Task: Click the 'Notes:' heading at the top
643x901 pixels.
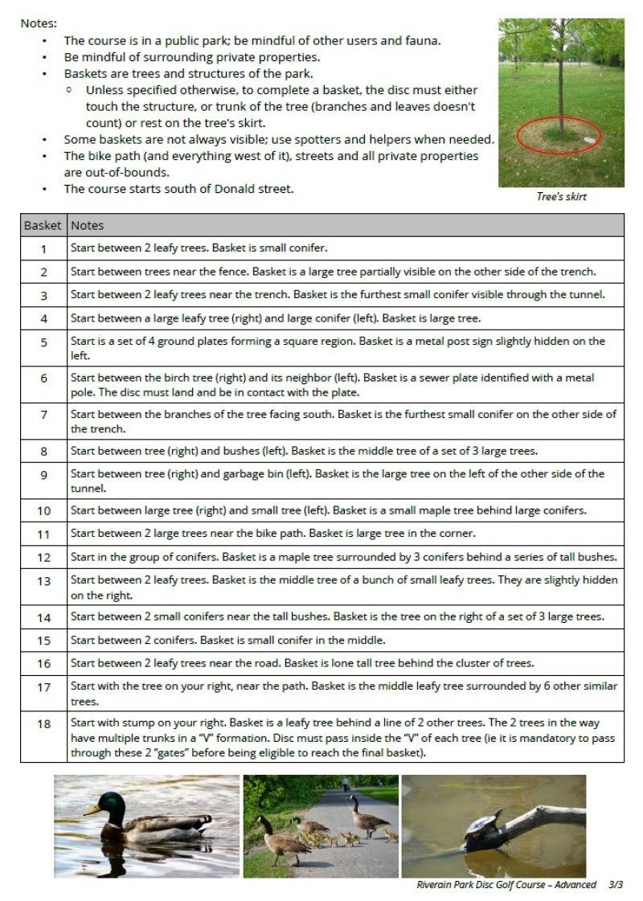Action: pyautogui.click(x=39, y=23)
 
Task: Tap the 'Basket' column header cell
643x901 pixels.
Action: pyautogui.click(x=43, y=226)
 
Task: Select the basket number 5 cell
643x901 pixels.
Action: pyautogui.click(x=43, y=348)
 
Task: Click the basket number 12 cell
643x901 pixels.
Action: pyautogui.click(x=43, y=557)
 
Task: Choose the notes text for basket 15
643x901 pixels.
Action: pyautogui.click(x=227, y=641)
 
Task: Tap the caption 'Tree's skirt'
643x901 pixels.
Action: pyautogui.click(x=561, y=197)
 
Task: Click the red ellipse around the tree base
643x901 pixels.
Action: pyautogui.click(x=559, y=137)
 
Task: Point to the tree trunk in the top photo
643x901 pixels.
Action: pyautogui.click(x=559, y=88)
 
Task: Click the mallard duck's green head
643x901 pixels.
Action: pyautogui.click(x=113, y=803)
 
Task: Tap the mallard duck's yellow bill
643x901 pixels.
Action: pyautogui.click(x=93, y=810)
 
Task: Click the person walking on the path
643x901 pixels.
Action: pyautogui.click(x=345, y=784)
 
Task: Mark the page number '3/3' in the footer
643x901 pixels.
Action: pyautogui.click(x=616, y=885)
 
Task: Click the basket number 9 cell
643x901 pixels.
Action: pyautogui.click(x=43, y=474)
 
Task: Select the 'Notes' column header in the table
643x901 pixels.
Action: pyautogui.click(x=87, y=226)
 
